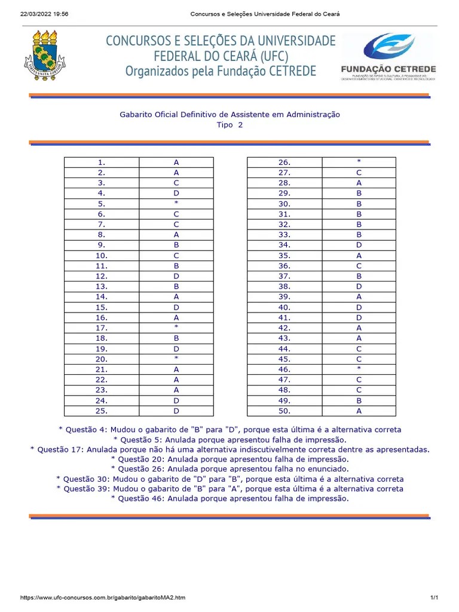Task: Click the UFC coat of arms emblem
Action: pyautogui.click(x=45, y=57)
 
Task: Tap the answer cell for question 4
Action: pyautogui.click(x=176, y=193)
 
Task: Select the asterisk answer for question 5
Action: pyautogui.click(x=176, y=203)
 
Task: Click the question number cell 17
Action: pyautogui.click(x=102, y=328)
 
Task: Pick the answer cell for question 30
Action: pyautogui.click(x=359, y=203)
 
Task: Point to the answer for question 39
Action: pyautogui.click(x=359, y=296)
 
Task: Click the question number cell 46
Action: pyautogui.click(x=284, y=369)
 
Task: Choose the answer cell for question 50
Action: pyautogui.click(x=359, y=411)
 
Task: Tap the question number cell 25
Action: pyautogui.click(x=102, y=411)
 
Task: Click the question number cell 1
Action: pyautogui.click(x=102, y=162)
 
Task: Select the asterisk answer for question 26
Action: pyautogui.click(x=359, y=162)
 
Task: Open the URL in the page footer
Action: pyautogui.click(x=103, y=598)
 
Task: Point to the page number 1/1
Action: pyautogui.click(x=434, y=598)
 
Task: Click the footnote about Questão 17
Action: pyautogui.click(x=229, y=449)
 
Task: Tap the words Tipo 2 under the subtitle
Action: pyautogui.click(x=229, y=125)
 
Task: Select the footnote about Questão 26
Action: pyautogui.click(x=229, y=469)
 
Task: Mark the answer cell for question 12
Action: pyautogui.click(x=176, y=276)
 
